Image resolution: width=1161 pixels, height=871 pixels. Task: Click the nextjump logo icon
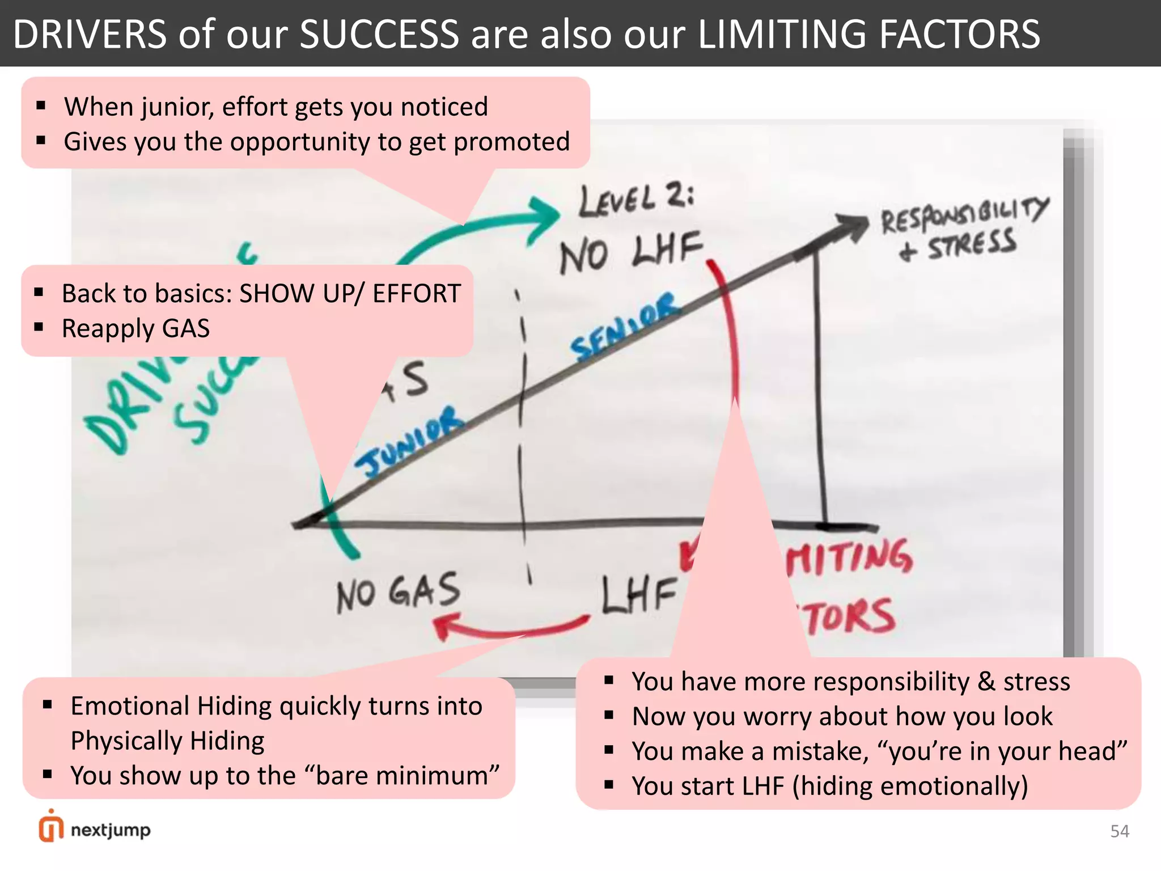click(51, 827)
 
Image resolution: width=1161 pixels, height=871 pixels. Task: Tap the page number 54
click(1120, 831)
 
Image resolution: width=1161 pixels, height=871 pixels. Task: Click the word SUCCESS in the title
click(379, 34)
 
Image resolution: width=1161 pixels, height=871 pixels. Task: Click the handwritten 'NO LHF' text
click(630, 252)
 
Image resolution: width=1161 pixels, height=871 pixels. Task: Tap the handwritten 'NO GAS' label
click(398, 593)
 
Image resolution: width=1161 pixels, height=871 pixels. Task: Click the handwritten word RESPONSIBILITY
click(964, 215)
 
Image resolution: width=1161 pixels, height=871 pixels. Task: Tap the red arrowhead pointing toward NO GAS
click(445, 627)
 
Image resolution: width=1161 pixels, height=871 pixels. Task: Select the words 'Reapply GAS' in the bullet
click(136, 329)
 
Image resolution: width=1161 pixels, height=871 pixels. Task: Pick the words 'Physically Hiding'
click(167, 741)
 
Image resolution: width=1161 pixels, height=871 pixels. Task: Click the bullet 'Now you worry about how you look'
click(842, 716)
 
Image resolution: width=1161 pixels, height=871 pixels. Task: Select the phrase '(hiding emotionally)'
click(910, 787)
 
